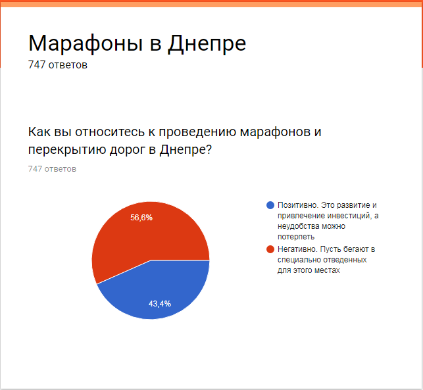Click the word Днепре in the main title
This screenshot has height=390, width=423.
(x=207, y=43)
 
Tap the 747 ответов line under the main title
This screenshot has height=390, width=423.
(x=58, y=65)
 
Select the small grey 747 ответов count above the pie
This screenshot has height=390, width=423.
(x=52, y=169)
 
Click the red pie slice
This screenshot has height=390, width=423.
(x=132, y=237)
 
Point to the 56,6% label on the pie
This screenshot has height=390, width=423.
(x=141, y=218)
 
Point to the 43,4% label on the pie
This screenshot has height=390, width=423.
(x=160, y=303)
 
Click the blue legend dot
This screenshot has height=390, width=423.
(x=270, y=205)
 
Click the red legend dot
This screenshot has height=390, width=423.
(x=270, y=249)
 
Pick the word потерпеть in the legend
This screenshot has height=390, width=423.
(x=296, y=236)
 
